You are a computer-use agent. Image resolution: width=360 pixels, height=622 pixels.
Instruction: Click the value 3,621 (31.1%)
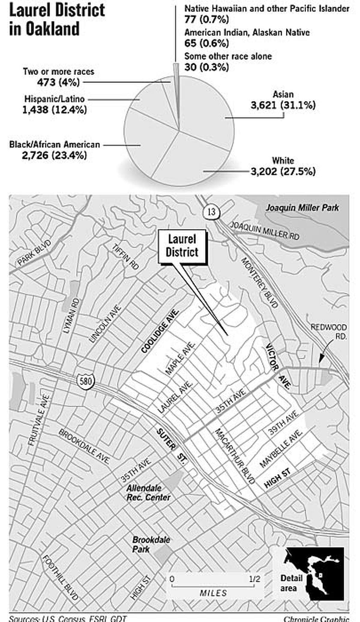[283, 106]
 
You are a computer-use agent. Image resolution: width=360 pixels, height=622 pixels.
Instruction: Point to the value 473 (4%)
[58, 82]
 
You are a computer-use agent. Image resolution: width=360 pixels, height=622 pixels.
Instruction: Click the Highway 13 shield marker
[211, 212]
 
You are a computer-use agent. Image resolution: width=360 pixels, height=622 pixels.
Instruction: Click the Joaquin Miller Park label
[302, 208]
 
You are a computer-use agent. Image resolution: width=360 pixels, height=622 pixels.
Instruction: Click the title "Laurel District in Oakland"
[57, 19]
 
